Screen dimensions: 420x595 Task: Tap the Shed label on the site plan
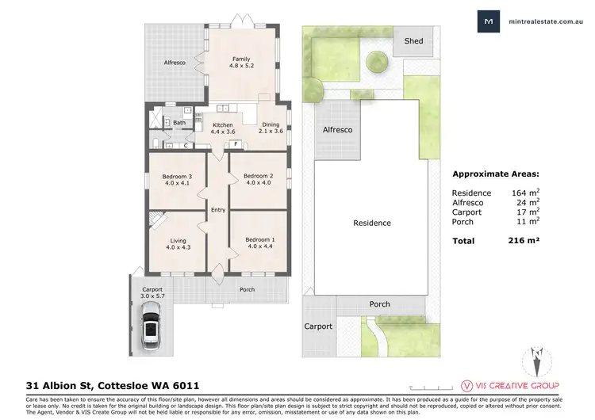pyautogui.click(x=413, y=40)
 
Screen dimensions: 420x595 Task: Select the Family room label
pyautogui.click(x=241, y=63)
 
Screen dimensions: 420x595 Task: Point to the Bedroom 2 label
pyautogui.click(x=258, y=179)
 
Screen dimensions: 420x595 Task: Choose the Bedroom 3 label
pyautogui.click(x=178, y=179)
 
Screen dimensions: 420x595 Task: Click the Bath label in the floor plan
pyautogui.click(x=179, y=123)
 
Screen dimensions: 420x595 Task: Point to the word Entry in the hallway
pyautogui.click(x=218, y=209)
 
